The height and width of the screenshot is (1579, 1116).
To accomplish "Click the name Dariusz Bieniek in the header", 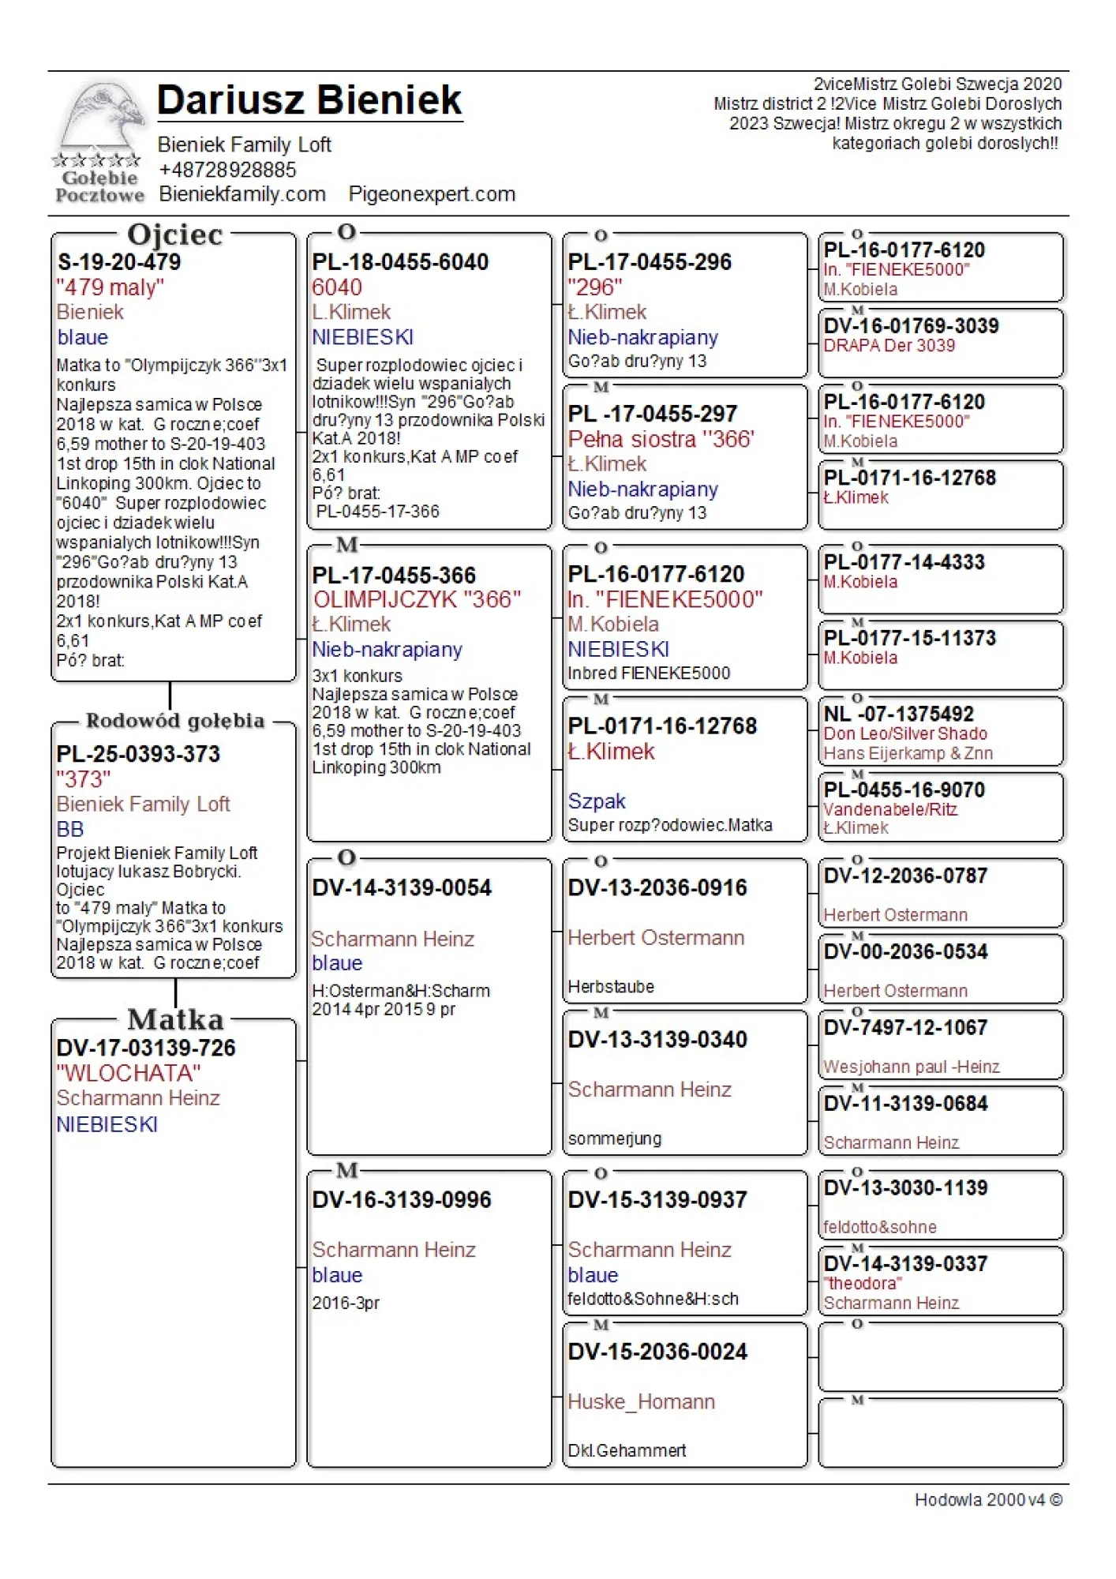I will click(309, 100).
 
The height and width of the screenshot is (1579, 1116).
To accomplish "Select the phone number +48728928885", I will click(227, 170).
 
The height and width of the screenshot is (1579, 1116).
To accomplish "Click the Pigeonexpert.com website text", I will click(432, 194).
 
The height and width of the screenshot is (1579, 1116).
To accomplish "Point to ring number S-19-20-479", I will click(119, 262).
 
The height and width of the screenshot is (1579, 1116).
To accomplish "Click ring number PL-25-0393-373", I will click(138, 754).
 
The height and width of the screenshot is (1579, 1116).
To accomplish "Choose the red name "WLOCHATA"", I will click(129, 1073).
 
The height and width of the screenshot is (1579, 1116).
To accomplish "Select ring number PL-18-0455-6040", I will click(400, 262).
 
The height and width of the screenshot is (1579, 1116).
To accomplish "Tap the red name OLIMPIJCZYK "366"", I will click(417, 599).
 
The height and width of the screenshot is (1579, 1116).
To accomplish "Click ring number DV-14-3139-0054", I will click(402, 887).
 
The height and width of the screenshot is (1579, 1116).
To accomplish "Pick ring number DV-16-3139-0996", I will click(402, 1199).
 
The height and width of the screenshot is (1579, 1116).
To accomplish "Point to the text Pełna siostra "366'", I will click(661, 439).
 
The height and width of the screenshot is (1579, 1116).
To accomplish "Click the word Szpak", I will click(597, 801).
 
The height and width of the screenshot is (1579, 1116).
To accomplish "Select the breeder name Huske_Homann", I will click(641, 1401).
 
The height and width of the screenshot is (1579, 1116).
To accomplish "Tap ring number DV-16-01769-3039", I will click(912, 326).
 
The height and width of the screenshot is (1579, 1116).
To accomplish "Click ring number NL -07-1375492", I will click(899, 714).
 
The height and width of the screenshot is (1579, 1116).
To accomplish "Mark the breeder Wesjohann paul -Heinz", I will click(912, 1067).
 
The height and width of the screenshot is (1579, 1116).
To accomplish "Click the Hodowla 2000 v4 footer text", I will click(988, 1499).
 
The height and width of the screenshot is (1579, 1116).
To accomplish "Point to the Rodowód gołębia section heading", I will click(175, 721).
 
